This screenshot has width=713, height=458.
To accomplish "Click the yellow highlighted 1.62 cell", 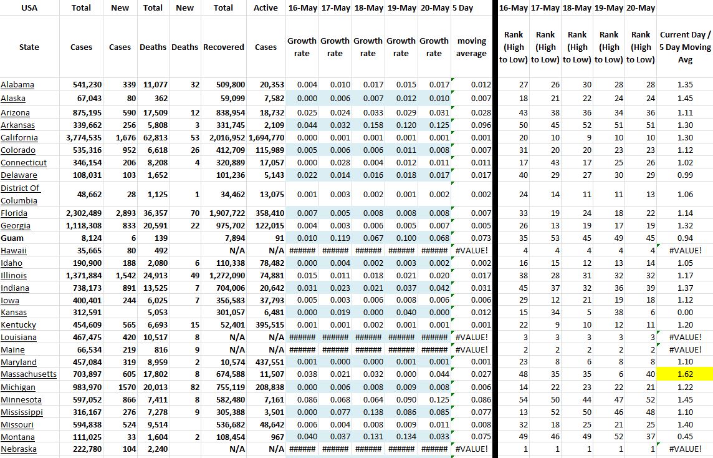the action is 685,374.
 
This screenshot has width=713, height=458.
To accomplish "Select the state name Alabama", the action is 17,85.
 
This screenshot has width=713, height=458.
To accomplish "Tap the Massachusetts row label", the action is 29,374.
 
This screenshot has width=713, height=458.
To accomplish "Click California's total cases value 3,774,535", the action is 84,138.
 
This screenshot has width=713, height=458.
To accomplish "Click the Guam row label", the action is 11,238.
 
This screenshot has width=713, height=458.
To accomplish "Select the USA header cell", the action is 29,8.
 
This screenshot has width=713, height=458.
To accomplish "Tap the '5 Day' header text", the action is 462,8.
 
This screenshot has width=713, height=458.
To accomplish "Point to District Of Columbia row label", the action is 20,194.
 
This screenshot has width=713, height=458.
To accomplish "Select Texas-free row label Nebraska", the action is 19,449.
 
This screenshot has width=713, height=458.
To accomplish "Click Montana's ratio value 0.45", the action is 685,437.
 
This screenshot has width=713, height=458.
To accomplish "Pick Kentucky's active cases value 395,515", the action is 269,324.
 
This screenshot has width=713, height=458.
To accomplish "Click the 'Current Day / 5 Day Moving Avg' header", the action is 685,47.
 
